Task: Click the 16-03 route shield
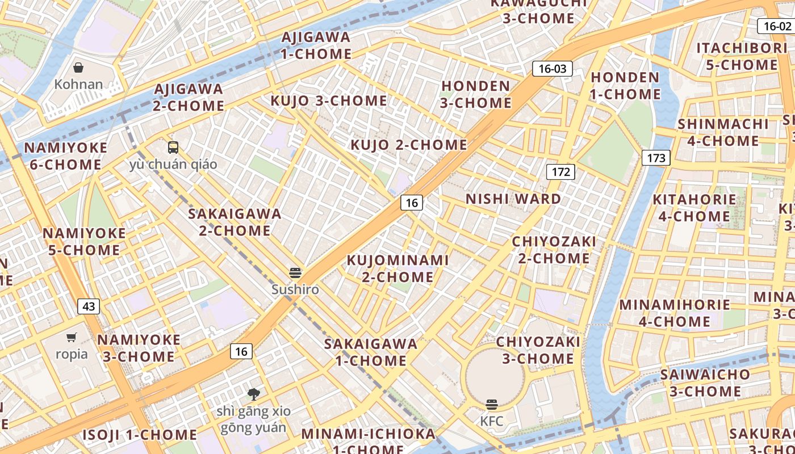tap(553, 69)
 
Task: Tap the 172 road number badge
tap(561, 171)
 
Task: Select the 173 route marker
tap(656, 158)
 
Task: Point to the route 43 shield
tap(89, 306)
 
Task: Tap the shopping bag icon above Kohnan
tap(78, 68)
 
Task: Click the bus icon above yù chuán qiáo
tap(173, 148)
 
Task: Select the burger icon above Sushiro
tap(295, 272)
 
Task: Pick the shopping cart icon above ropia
tap(72, 338)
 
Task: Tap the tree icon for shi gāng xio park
tap(254, 394)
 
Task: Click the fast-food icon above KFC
tap(492, 405)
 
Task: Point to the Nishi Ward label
tap(513, 199)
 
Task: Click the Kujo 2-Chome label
tap(409, 145)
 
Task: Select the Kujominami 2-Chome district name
tap(397, 268)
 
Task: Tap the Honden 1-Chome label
tap(625, 86)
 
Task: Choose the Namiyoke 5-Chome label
tap(84, 242)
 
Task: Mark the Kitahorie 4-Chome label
tap(694, 208)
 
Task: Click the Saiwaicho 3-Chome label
tap(705, 383)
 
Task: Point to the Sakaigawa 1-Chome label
tap(371, 352)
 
